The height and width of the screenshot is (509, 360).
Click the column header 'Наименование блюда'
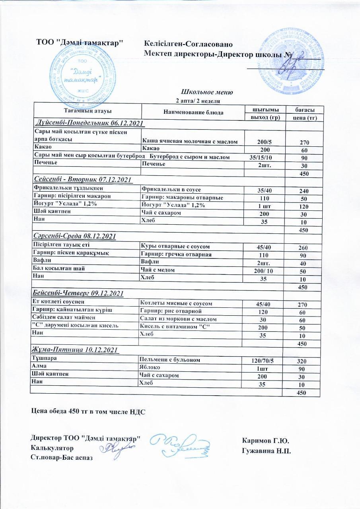(193, 112)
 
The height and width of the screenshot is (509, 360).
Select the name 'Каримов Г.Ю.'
(265, 441)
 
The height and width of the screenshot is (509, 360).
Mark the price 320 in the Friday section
(304, 361)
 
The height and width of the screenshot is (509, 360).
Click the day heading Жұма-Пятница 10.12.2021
(75, 350)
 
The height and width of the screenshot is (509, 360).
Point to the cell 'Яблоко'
(148, 367)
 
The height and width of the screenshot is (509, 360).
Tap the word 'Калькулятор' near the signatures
(52, 448)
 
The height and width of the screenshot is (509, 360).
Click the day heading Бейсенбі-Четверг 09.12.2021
(78, 293)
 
